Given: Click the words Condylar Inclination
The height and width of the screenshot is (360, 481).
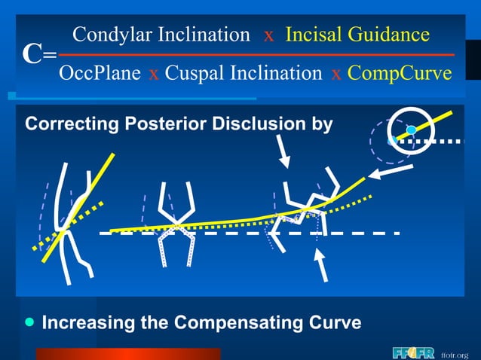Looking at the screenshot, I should tap(161, 35).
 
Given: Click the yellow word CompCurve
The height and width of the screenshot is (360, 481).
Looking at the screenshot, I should tap(400, 73).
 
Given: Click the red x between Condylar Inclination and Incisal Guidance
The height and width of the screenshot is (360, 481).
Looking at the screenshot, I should tap(268, 35).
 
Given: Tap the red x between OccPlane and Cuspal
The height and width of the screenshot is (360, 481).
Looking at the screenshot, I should tap(153, 74).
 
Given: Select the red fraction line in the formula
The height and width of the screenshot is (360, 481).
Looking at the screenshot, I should tap(256, 54).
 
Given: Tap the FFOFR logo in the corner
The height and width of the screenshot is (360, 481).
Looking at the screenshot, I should tap(412, 352).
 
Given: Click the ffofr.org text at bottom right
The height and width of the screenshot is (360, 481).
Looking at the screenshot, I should tap(455, 354).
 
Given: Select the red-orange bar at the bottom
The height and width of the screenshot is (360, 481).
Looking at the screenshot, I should tap(128, 354).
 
